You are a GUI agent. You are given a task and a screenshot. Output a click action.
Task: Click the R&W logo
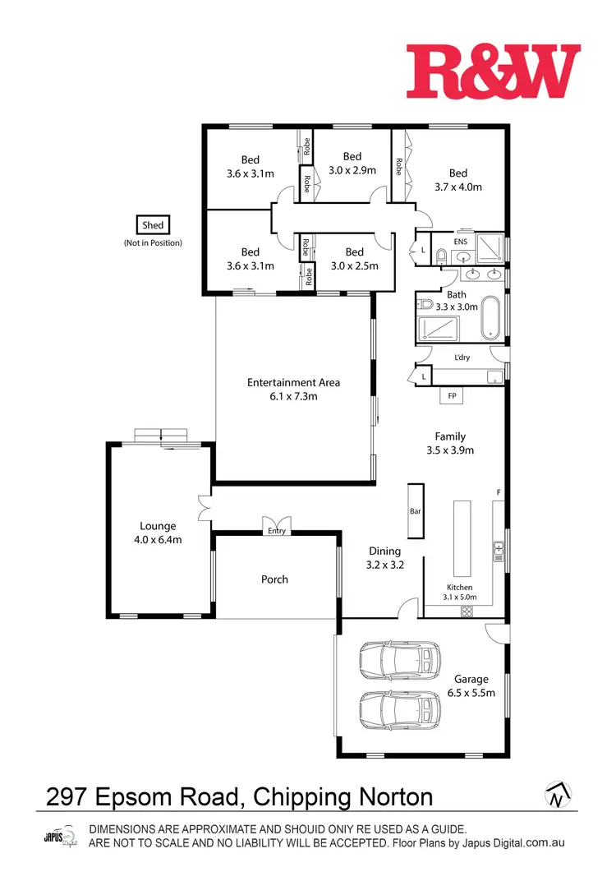[493, 71]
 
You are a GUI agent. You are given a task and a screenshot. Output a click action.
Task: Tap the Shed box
[153, 225]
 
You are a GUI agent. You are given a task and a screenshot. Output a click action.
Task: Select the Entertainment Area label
[293, 389]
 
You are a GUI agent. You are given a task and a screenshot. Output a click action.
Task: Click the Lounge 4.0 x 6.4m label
[158, 533]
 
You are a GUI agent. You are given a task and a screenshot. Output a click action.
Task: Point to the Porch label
[274, 579]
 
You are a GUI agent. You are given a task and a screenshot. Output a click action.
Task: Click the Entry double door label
[276, 531]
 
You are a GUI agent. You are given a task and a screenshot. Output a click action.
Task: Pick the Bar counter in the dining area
[415, 510]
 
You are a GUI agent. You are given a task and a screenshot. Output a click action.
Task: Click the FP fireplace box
[451, 396]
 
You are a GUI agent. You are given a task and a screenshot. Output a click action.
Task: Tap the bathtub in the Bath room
[490, 318]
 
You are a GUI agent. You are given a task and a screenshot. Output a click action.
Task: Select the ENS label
[460, 242]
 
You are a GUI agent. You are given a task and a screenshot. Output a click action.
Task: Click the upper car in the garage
[399, 659]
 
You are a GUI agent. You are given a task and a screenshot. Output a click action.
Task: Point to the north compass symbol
[558, 794]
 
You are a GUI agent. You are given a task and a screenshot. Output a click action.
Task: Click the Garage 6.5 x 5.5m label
[471, 685]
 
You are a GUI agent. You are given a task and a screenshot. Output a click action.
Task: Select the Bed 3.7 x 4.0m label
[457, 179]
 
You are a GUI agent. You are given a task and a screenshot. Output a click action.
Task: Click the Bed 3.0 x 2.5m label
[354, 258]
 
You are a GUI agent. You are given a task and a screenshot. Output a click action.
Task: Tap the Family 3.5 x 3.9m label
[450, 443]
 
